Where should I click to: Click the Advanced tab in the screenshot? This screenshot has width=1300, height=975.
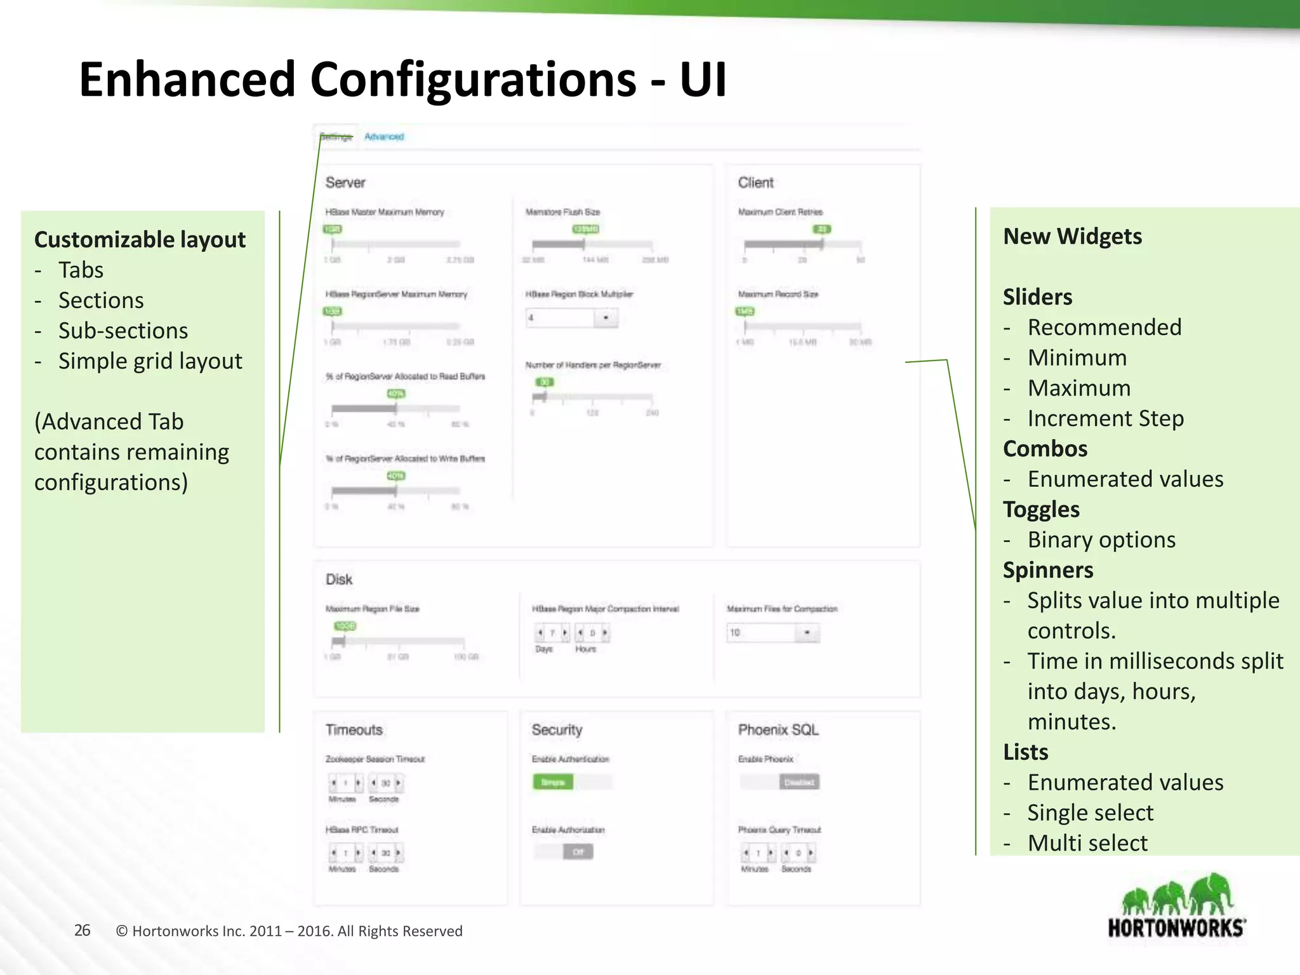(384, 136)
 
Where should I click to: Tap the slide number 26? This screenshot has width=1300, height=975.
(83, 931)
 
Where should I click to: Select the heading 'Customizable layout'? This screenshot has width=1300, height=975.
(140, 240)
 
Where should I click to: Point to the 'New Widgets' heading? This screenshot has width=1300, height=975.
(1072, 237)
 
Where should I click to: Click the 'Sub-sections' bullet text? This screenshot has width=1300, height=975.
(123, 331)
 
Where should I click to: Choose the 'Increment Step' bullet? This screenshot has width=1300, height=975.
(1105, 419)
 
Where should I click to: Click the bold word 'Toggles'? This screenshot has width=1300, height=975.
(1041, 510)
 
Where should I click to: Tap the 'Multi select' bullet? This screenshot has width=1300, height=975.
(1087, 843)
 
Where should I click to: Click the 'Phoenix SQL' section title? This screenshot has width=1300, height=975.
(778, 730)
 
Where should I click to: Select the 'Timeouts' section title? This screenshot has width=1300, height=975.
(354, 730)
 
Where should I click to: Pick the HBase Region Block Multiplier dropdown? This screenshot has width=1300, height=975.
(571, 317)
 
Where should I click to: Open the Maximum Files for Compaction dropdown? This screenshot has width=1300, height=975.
(773, 633)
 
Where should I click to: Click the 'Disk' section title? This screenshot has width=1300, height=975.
(339, 580)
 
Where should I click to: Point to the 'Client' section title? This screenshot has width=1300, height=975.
(755, 183)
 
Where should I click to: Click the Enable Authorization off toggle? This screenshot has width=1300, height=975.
(564, 852)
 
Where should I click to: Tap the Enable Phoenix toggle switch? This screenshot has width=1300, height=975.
(779, 782)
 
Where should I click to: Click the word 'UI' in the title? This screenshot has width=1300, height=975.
(703, 80)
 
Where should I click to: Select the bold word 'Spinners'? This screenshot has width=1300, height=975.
(1048, 570)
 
